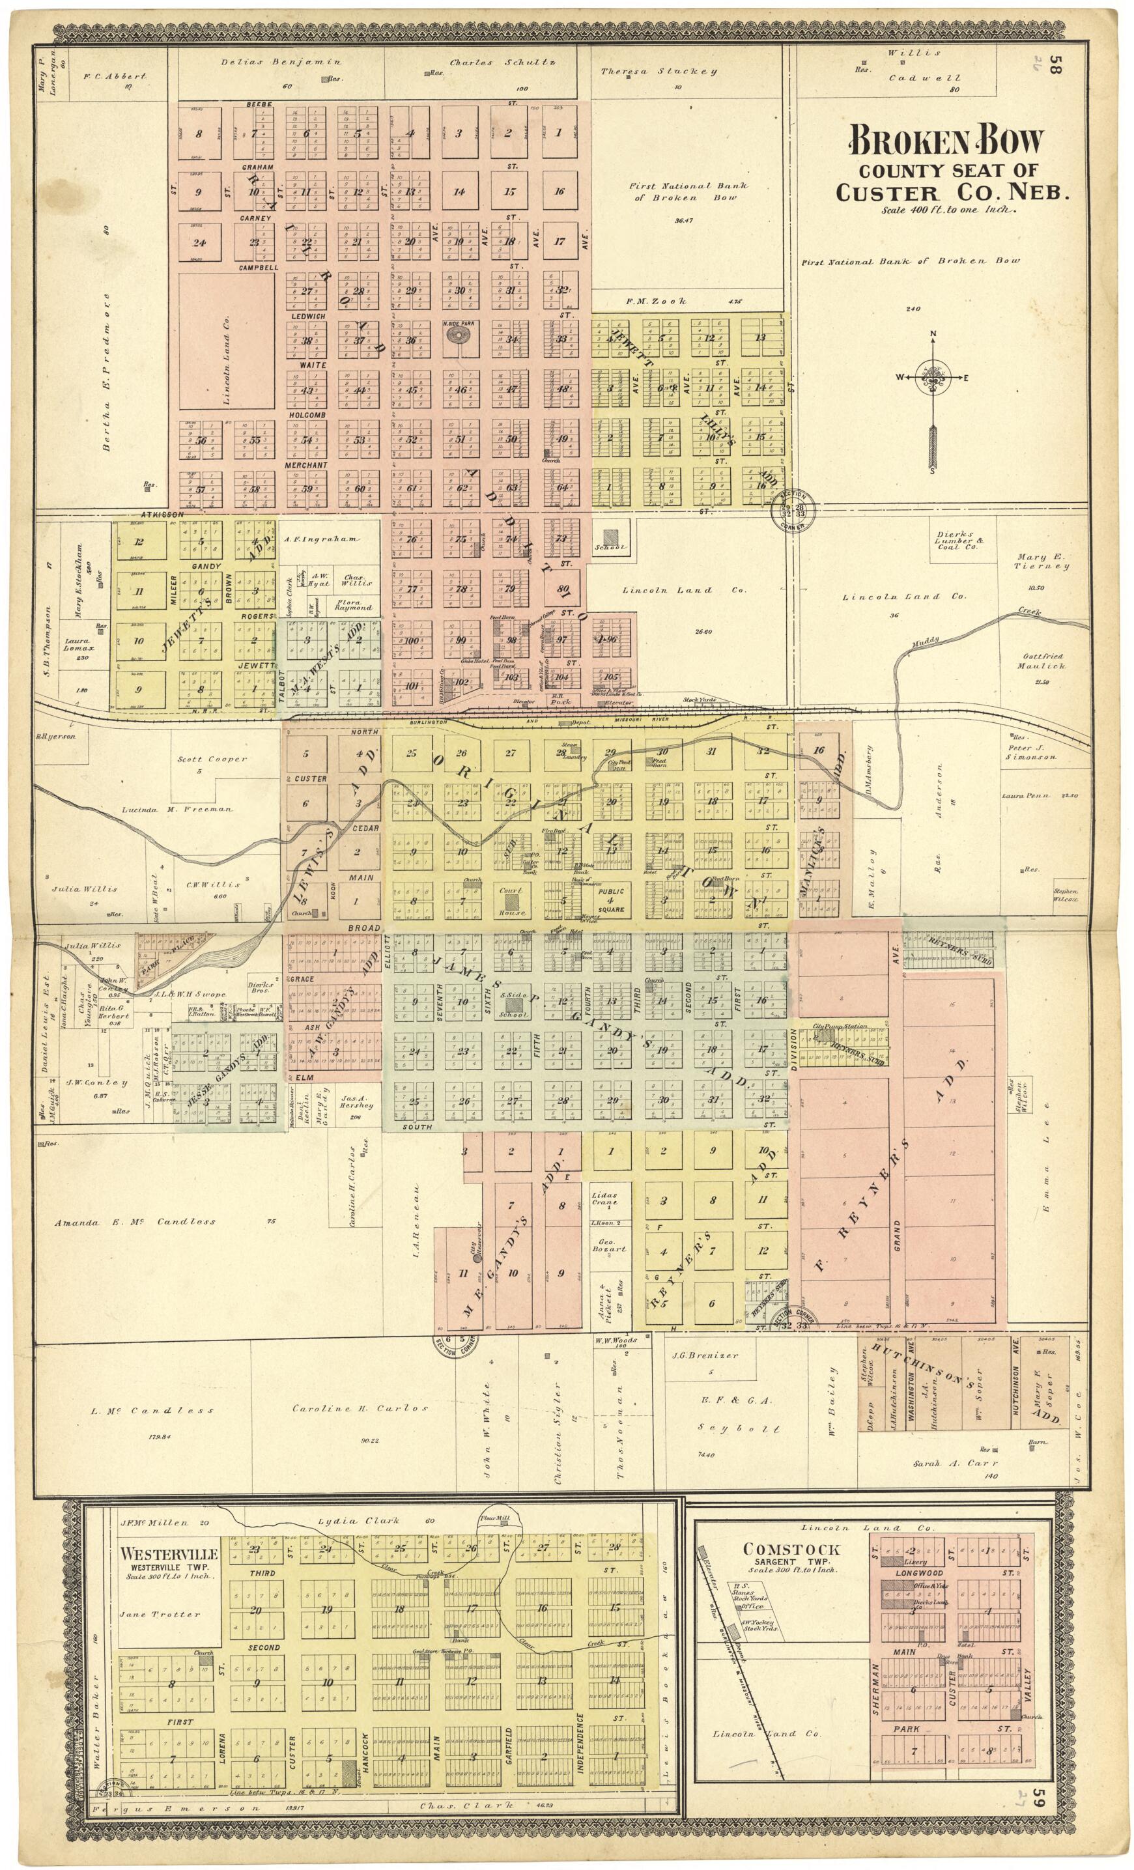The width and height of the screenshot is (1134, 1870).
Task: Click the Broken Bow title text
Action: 946,141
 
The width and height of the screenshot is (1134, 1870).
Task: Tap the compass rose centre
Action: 933,377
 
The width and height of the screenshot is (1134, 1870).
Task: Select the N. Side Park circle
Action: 458,339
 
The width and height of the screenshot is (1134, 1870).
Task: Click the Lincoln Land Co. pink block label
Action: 226,341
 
